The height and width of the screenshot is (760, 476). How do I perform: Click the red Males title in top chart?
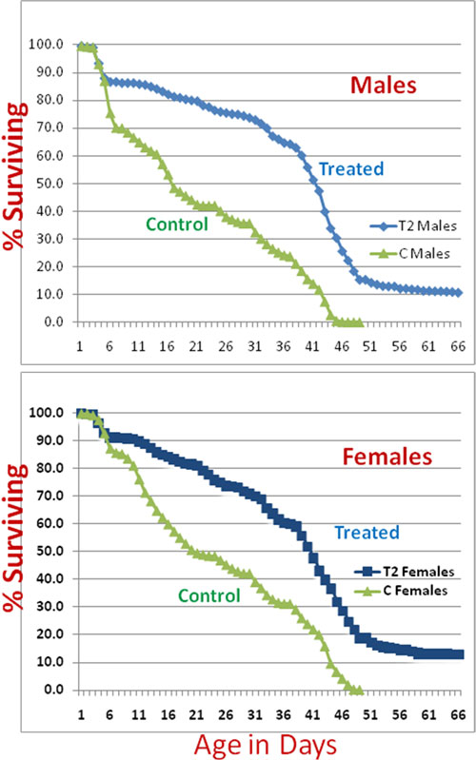(x=384, y=85)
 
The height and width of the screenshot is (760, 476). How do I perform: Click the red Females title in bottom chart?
(x=387, y=457)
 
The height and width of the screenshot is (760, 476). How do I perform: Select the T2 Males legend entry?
(x=413, y=225)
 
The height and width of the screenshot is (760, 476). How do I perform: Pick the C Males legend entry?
(x=409, y=254)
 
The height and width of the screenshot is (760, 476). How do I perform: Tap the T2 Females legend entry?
(x=405, y=572)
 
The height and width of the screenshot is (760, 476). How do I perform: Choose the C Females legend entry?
(x=401, y=591)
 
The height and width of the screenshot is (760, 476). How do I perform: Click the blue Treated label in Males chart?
(x=351, y=168)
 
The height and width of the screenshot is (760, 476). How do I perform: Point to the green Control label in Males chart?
(x=177, y=224)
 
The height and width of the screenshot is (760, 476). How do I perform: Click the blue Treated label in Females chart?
(x=367, y=533)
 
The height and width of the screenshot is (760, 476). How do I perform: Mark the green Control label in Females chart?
(x=209, y=595)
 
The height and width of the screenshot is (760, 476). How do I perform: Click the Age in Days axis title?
(x=266, y=745)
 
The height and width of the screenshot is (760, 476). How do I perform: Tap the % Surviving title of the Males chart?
(x=13, y=175)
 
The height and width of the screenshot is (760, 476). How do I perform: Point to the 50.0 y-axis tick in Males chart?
(x=50, y=184)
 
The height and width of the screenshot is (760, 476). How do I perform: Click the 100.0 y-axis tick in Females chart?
(x=46, y=413)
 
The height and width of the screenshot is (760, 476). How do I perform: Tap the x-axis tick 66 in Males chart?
(x=458, y=346)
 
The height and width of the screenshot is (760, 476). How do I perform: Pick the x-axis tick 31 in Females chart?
(x=255, y=714)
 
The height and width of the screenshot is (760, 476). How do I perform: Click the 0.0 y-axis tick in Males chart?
(x=53, y=322)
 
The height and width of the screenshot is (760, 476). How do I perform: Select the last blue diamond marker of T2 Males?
(x=459, y=293)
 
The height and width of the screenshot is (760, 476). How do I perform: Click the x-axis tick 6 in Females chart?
(x=109, y=714)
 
